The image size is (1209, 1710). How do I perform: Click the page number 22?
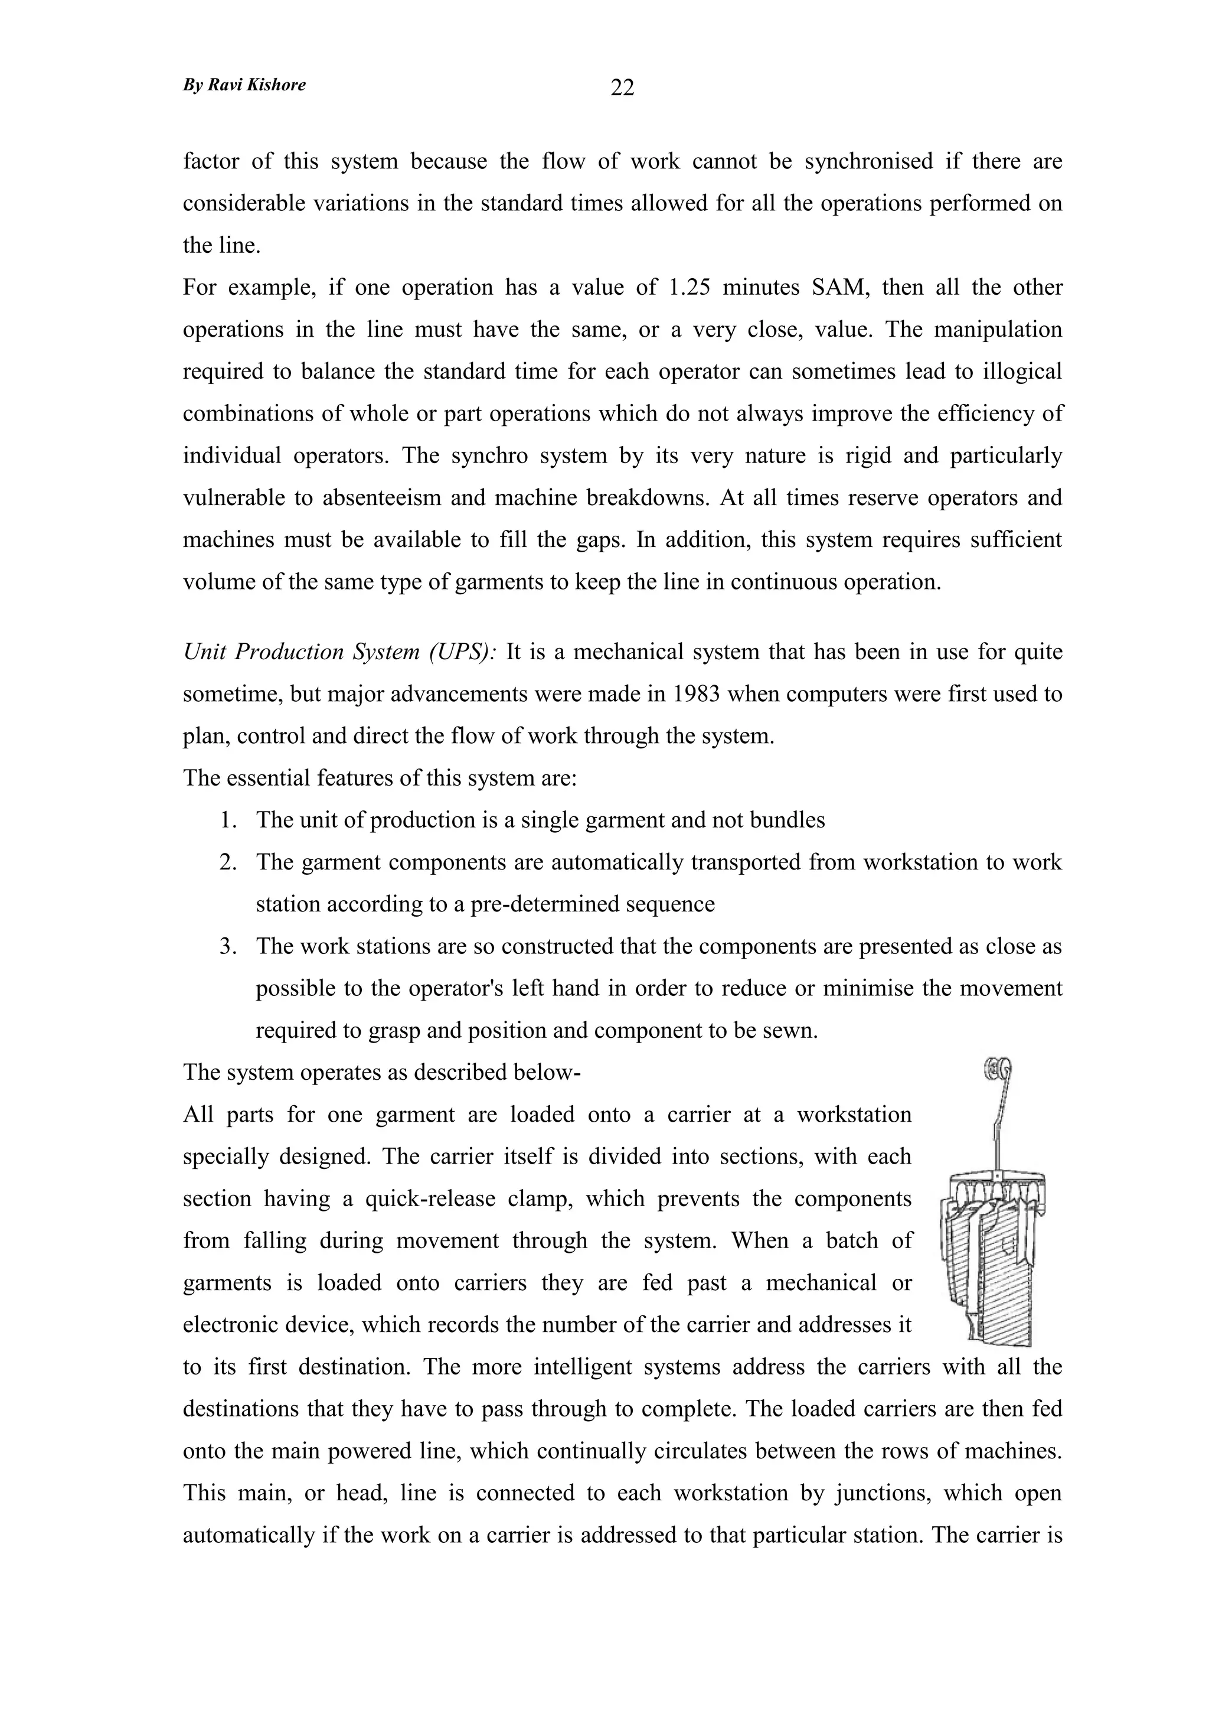[x=622, y=88]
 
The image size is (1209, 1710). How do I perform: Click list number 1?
[x=227, y=820]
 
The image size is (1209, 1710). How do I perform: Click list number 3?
[x=227, y=947]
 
